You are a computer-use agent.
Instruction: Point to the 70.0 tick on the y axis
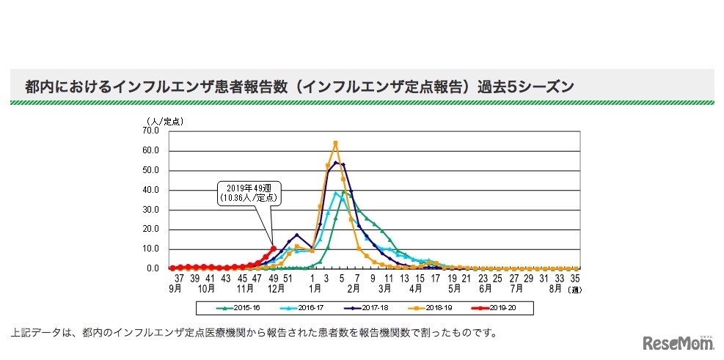151,131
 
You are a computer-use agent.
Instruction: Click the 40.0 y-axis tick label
151,190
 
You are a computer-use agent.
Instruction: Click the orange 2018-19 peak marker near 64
335,143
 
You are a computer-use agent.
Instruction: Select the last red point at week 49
273,249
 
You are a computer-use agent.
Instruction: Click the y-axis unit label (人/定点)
163,121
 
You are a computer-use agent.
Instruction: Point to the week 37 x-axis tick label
178,279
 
